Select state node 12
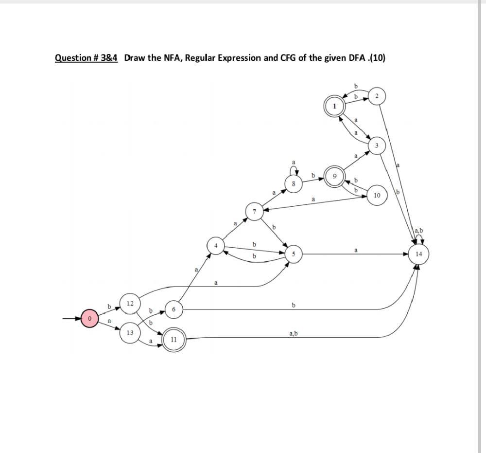130,303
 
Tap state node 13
130,333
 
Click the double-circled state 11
173,339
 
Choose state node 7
254,212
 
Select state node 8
293,184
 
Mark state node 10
377,195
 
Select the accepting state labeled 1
334,106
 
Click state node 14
418,254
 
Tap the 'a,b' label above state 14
418,230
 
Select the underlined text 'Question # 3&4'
86,58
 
